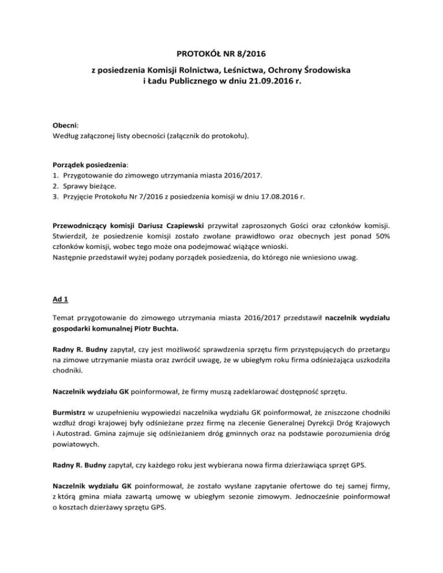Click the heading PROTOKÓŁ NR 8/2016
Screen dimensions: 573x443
pyautogui.click(x=221, y=54)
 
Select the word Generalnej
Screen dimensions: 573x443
pyautogui.click(x=266, y=423)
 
